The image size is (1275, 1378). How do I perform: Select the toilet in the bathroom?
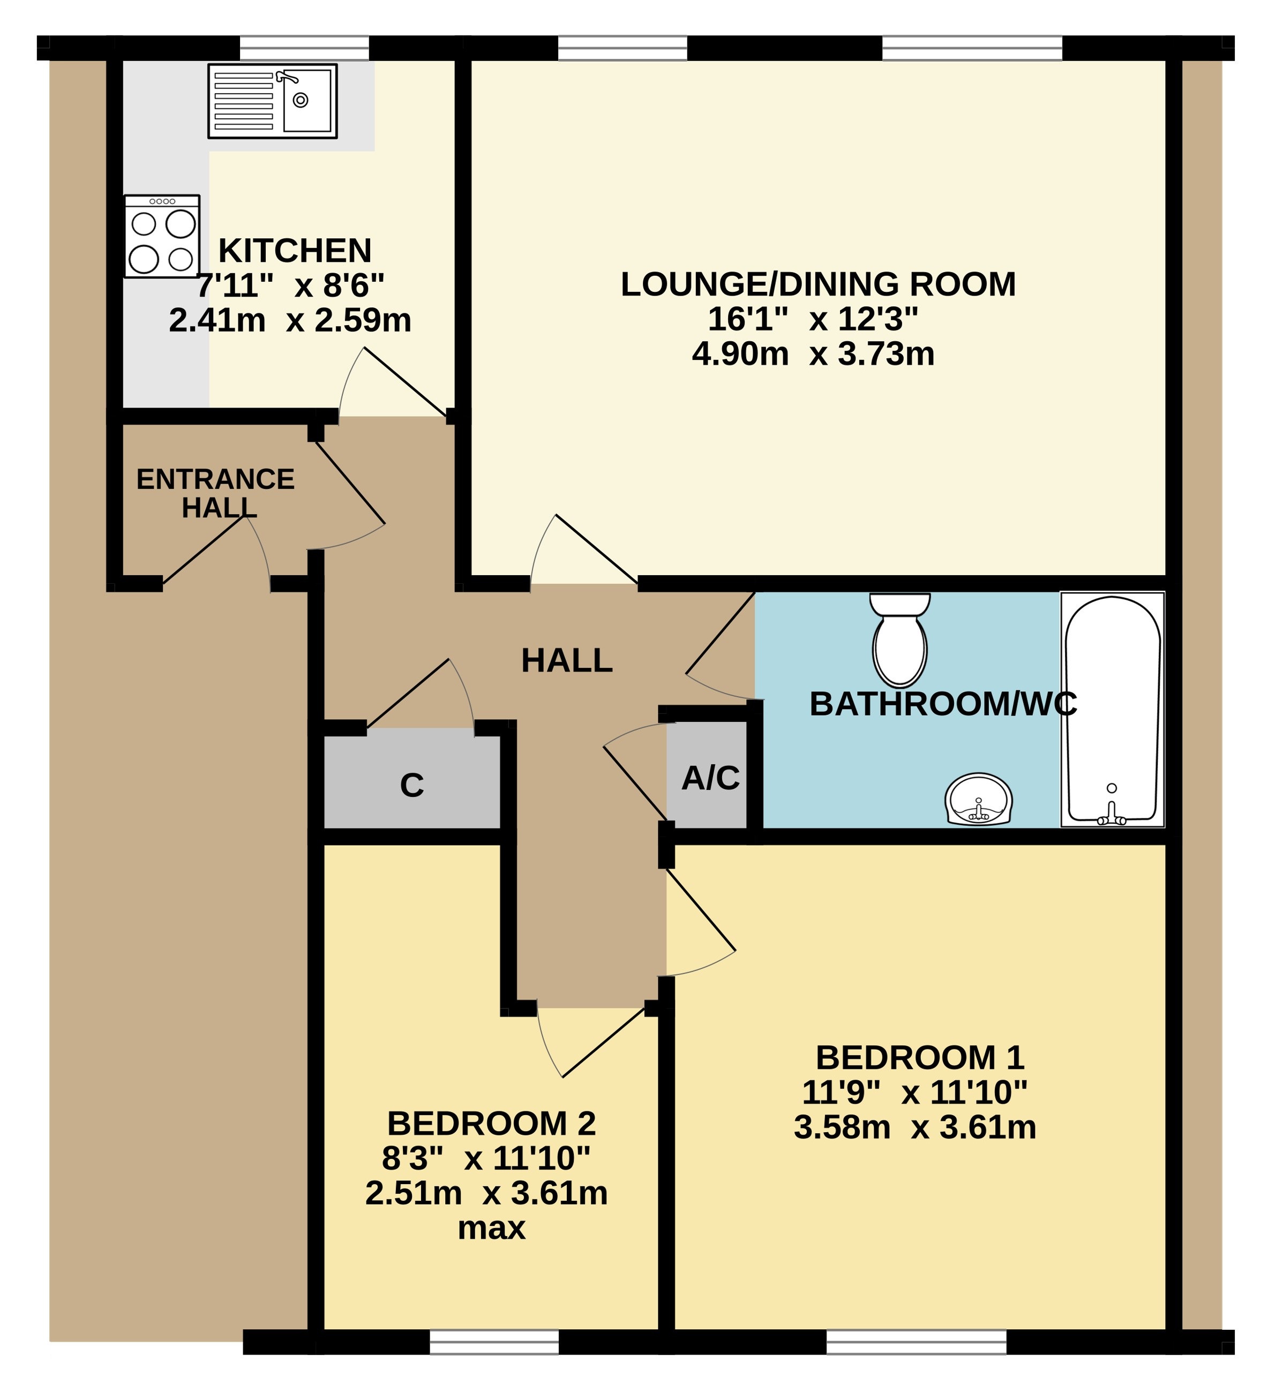tap(899, 638)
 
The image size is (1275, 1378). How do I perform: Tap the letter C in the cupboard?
tap(412, 786)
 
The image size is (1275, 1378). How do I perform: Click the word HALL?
tap(567, 661)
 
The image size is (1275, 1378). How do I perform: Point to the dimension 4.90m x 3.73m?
tap(813, 355)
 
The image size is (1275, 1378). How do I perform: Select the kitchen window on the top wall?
tap(304, 48)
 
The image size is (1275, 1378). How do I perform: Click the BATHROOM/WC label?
tap(943, 704)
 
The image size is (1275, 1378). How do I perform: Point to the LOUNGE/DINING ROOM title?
tap(818, 284)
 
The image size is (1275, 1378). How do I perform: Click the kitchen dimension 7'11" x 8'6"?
tap(290, 285)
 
